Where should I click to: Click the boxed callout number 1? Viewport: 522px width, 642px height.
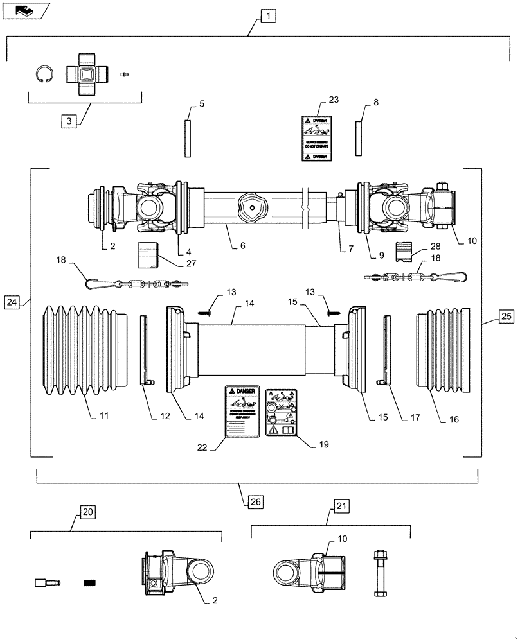268,16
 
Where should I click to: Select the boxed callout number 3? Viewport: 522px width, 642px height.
69,120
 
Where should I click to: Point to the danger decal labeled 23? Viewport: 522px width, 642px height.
316,138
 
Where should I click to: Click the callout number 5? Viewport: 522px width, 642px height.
202,103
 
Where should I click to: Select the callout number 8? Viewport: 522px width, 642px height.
375,102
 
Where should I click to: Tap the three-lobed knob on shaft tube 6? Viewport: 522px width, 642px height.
251,207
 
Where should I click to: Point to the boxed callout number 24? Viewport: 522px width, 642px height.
12,301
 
